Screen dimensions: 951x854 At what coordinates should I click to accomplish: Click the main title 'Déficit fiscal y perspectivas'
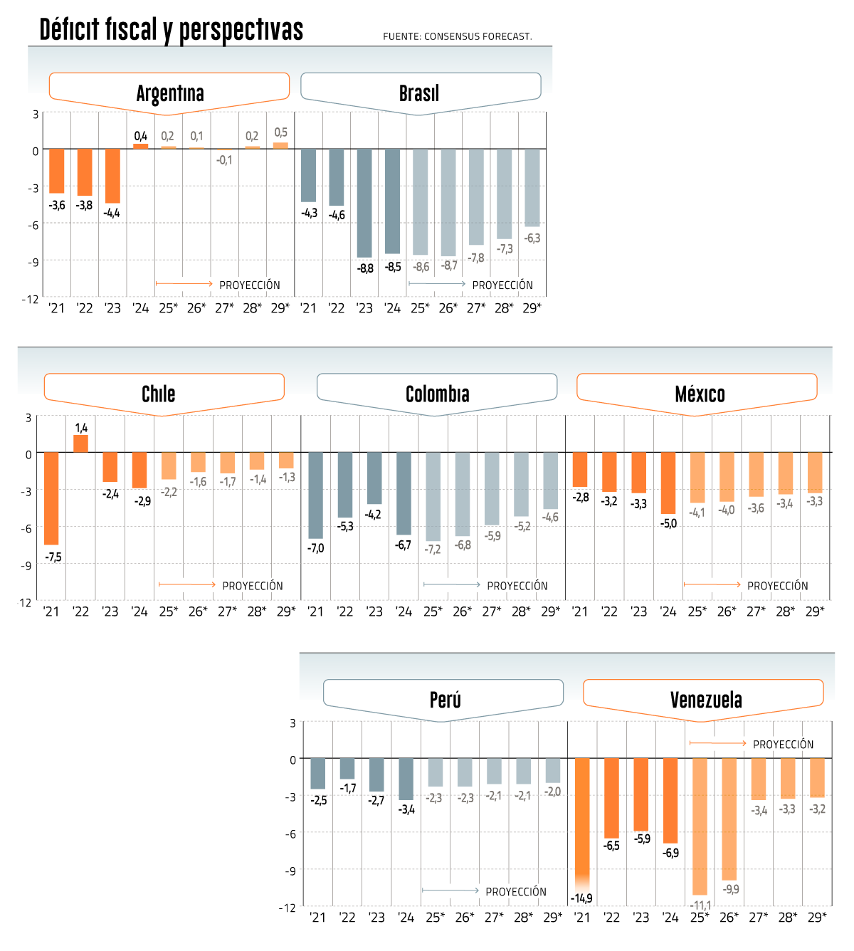point(171,30)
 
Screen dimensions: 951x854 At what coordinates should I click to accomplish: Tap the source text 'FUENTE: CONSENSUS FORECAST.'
point(457,36)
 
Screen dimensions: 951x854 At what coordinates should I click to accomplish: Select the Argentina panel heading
point(169,93)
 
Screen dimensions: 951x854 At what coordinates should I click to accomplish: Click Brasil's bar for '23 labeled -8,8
point(364,203)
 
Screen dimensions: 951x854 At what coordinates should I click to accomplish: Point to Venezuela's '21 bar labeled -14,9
point(582,819)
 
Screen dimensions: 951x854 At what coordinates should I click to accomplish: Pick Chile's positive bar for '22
point(81,443)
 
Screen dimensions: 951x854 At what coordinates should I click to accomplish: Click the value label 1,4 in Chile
point(81,428)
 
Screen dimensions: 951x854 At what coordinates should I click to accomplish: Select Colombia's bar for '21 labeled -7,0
point(315,495)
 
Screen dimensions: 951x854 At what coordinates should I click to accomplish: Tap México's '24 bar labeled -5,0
point(668,483)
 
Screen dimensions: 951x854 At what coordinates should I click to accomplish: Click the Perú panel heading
point(445,700)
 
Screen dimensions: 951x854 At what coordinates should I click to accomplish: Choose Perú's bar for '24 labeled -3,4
point(406,779)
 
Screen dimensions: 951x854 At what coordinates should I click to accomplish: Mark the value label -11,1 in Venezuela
point(700,905)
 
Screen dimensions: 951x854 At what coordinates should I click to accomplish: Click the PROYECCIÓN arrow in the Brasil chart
point(437,284)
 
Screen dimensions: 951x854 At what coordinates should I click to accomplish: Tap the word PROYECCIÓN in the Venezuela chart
point(783,744)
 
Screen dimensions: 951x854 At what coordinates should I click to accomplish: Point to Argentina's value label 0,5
point(281,132)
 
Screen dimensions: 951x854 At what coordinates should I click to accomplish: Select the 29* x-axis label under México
point(815,611)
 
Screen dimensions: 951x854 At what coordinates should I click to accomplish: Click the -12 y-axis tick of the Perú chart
point(288,908)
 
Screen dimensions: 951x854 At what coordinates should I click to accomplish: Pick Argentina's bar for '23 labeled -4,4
point(112,176)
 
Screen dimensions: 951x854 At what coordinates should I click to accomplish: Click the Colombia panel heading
point(437,394)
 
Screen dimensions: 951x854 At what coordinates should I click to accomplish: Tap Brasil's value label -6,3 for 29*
point(532,238)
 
